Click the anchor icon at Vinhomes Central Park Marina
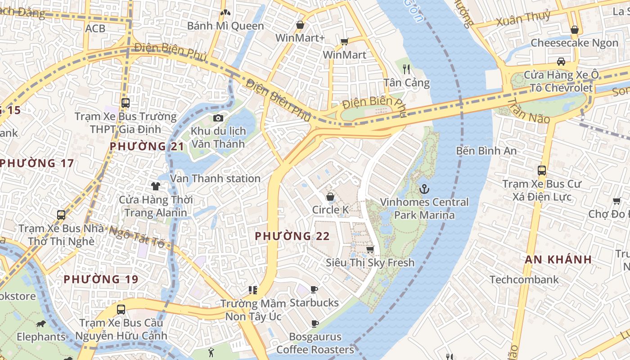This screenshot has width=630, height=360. pos(424,189)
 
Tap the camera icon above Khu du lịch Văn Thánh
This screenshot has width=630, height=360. pos(218,118)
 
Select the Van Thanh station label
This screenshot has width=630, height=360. pos(215,179)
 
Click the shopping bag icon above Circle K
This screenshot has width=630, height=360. pos(330,197)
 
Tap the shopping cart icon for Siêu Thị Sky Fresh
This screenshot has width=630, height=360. pos(370,249)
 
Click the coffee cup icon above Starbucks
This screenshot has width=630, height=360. pos(314,289)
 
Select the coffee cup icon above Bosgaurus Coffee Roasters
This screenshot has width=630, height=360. pos(315,323)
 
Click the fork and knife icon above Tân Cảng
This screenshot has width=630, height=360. pos(407,69)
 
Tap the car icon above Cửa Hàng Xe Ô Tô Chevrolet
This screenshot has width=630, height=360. pos(561,61)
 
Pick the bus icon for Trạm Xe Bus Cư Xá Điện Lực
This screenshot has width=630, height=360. pos(542,171)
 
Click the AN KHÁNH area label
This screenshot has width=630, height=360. pos(558,259)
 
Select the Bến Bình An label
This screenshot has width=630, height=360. pos(486,151)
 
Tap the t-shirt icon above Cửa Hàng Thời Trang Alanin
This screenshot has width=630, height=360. pos(156,186)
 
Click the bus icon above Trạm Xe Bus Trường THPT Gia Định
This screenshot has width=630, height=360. pos(126,103)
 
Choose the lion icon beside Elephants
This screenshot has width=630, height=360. pos(41,324)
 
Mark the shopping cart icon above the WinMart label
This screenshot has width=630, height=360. pos(344,42)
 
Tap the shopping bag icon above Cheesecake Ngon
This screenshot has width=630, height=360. pos(574,30)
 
